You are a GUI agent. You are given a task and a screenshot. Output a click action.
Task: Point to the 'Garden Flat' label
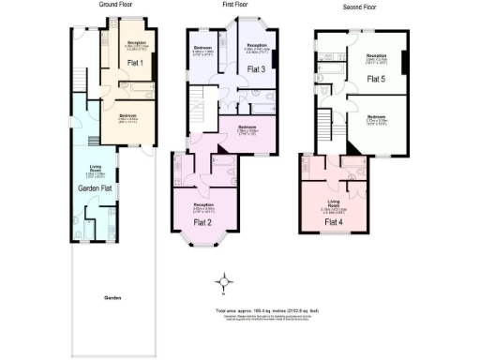pyautogui.click(x=95, y=187)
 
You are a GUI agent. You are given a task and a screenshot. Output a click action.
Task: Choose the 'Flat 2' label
pyautogui.click(x=202, y=222)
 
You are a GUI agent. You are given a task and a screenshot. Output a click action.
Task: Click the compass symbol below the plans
pyautogui.click(x=225, y=280)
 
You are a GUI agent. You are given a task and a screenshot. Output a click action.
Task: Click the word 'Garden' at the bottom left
pyautogui.click(x=112, y=298)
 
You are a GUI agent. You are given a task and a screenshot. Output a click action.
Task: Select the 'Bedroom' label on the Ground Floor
pyautogui.click(x=127, y=116)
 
